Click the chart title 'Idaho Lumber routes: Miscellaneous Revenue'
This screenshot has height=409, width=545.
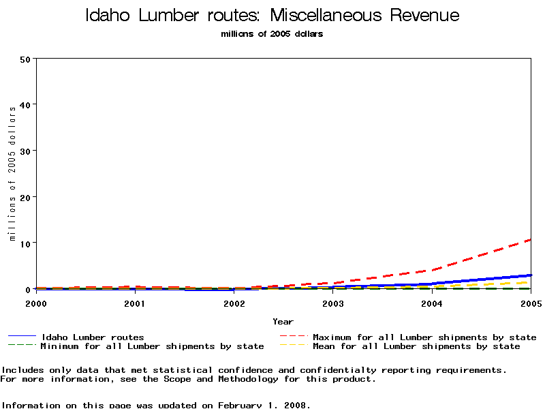click(x=272, y=16)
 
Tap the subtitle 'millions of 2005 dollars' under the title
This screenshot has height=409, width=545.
click(x=272, y=34)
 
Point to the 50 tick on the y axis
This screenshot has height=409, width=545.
click(x=26, y=59)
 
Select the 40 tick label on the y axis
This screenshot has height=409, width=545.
click(x=26, y=104)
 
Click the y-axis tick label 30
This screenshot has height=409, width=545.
click(x=26, y=151)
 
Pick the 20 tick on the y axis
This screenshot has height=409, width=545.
click(x=26, y=197)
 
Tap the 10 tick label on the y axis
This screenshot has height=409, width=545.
click(x=26, y=243)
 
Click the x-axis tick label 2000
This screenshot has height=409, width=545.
click(x=37, y=303)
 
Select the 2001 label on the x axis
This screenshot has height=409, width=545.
click(x=136, y=303)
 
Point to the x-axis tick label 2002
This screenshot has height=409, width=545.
click(x=234, y=303)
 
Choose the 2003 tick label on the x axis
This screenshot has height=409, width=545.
click(x=333, y=303)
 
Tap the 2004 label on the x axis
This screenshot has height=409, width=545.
click(x=432, y=303)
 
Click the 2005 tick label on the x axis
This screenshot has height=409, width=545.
click(x=530, y=303)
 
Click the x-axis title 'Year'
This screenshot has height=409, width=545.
click(x=283, y=321)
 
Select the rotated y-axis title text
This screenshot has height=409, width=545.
click(x=12, y=174)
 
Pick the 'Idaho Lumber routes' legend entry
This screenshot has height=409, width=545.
click(x=93, y=337)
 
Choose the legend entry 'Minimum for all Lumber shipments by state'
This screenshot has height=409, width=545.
click(x=152, y=346)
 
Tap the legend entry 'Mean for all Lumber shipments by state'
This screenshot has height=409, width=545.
click(x=416, y=346)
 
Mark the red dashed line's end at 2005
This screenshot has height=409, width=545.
click(x=530, y=240)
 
